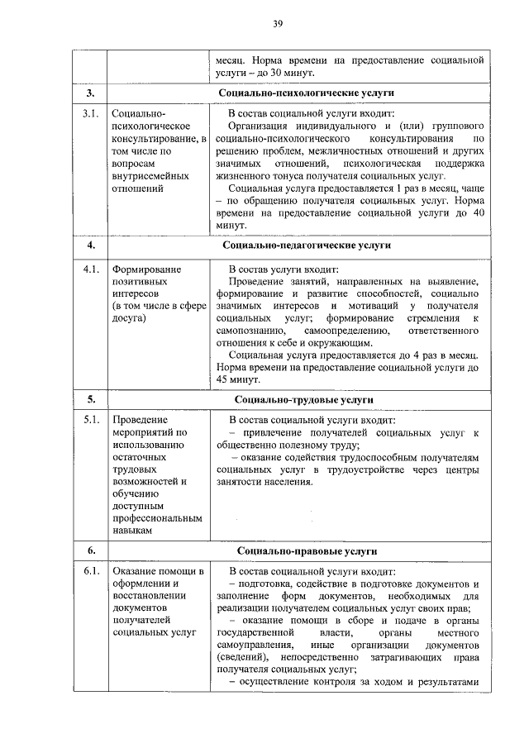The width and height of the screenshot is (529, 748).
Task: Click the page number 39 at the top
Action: coord(279,24)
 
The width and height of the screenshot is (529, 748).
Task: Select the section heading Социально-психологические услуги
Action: coord(306,93)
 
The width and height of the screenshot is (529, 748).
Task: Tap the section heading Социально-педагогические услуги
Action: coord(306,245)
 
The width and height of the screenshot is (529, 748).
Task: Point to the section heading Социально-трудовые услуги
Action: coord(306,398)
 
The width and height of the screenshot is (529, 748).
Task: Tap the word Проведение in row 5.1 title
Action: coord(140,420)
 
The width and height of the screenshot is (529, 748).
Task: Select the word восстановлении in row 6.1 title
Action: coord(150,596)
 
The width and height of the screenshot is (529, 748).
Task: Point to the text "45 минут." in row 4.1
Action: coord(238,379)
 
